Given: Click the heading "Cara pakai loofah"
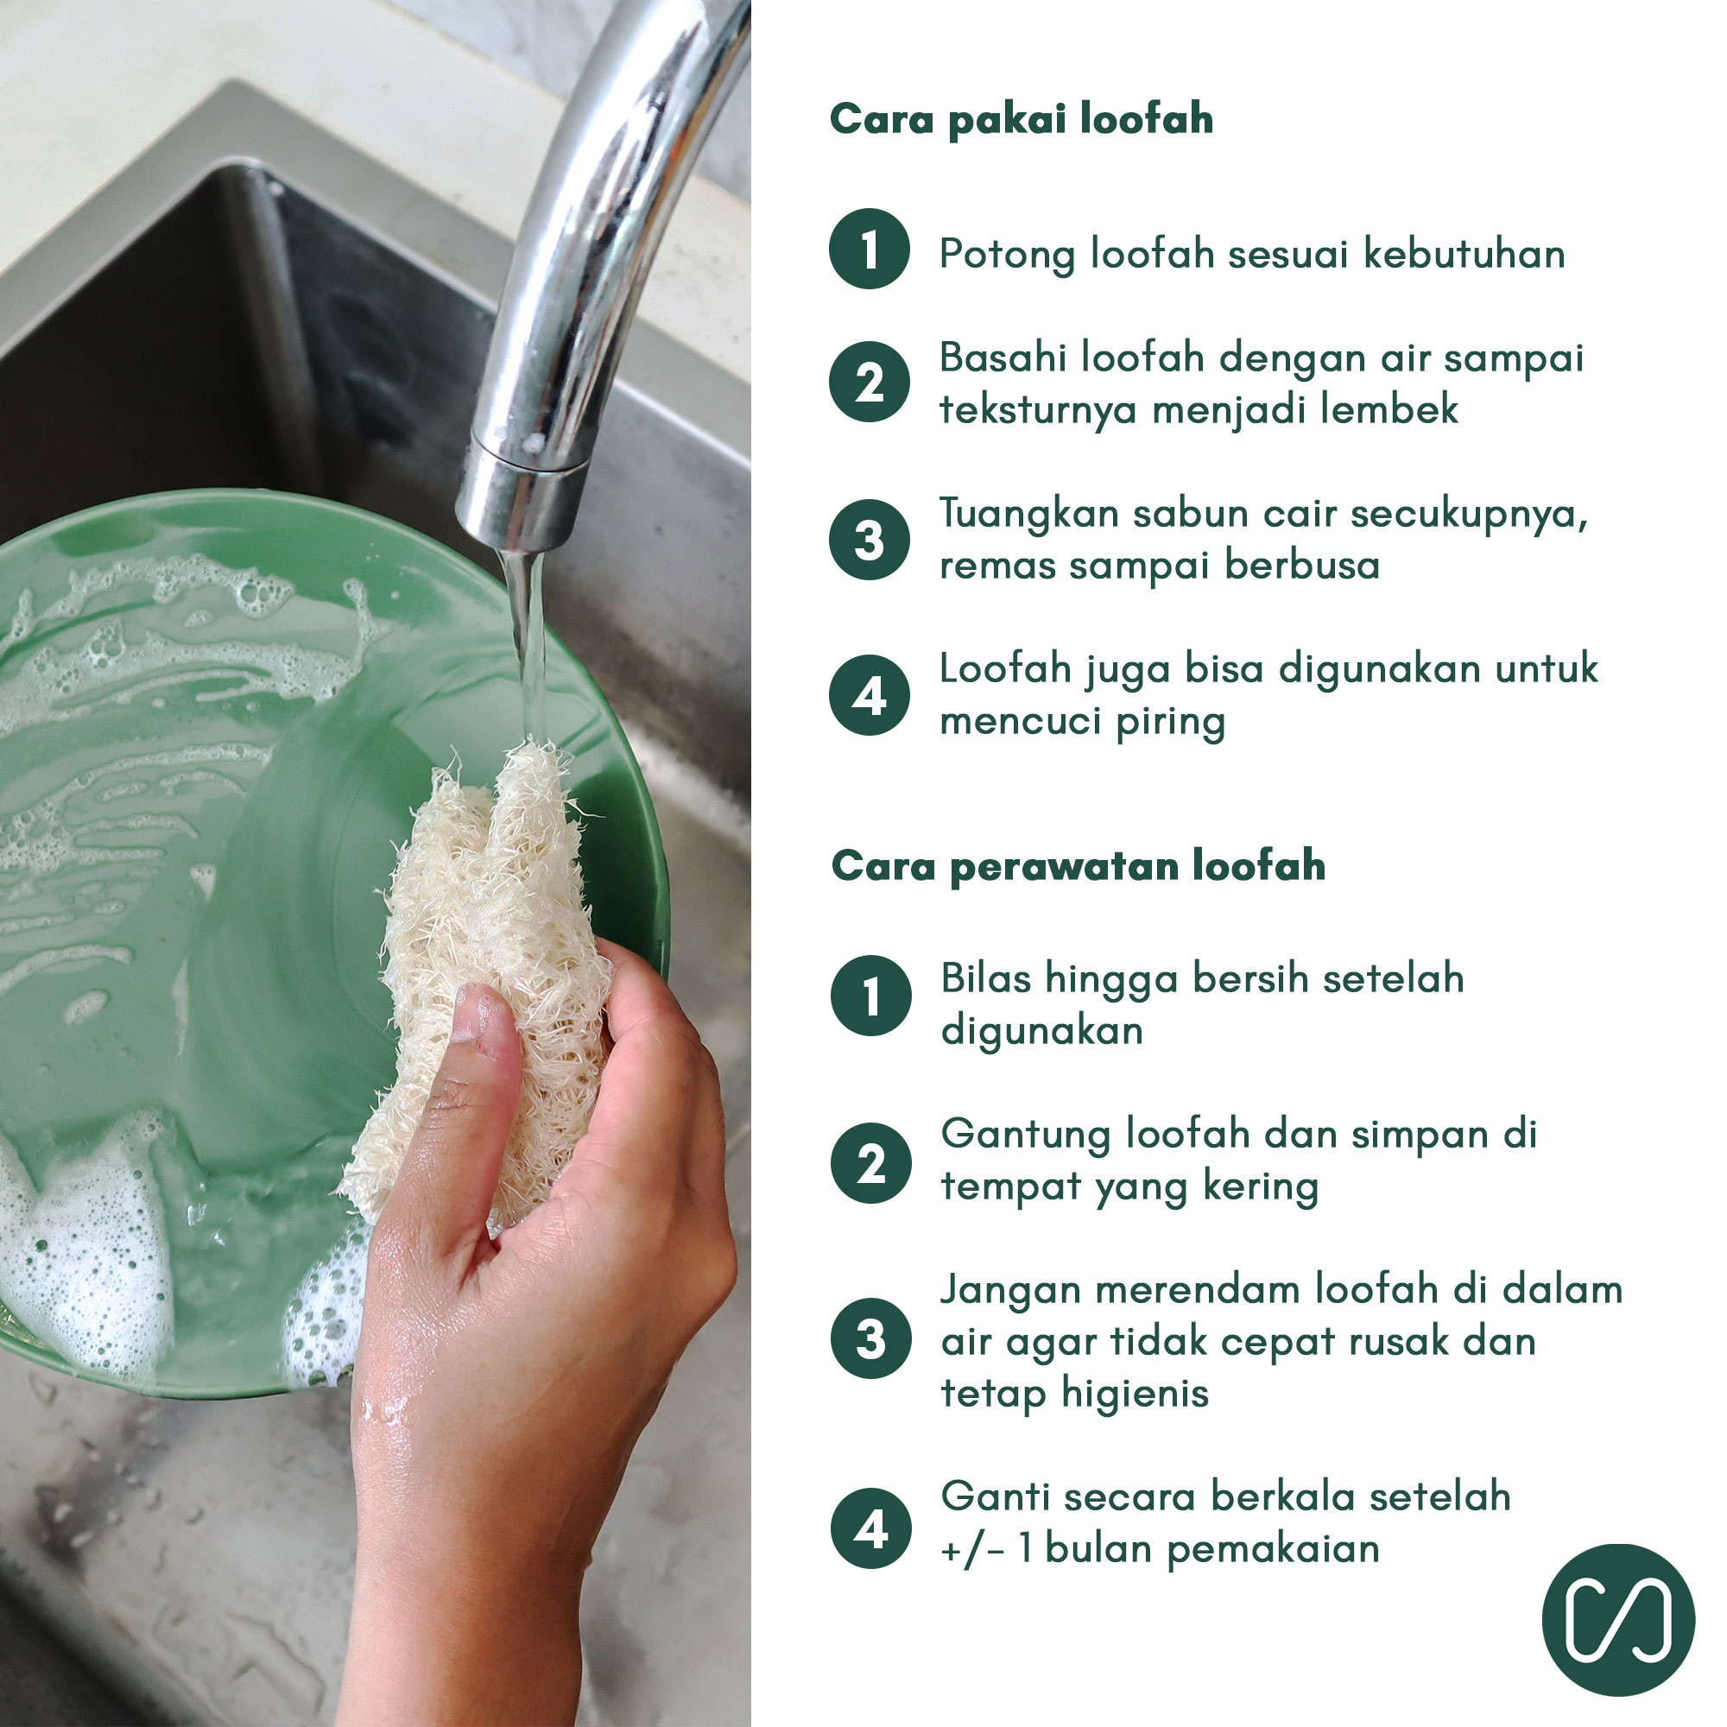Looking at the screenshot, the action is (1021, 120).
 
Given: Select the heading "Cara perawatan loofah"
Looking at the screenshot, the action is (1078, 866).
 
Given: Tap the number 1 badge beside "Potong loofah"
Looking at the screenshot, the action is (870, 249).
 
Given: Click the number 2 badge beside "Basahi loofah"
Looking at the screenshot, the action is (870, 382).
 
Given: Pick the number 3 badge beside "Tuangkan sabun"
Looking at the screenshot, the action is (870, 539).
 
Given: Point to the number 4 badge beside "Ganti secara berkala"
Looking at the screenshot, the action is (871, 1528).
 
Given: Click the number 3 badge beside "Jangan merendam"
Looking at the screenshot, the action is (871, 1339).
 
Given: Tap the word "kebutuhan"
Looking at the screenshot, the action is (1464, 254).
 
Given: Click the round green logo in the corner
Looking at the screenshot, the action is (1619, 1620).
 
